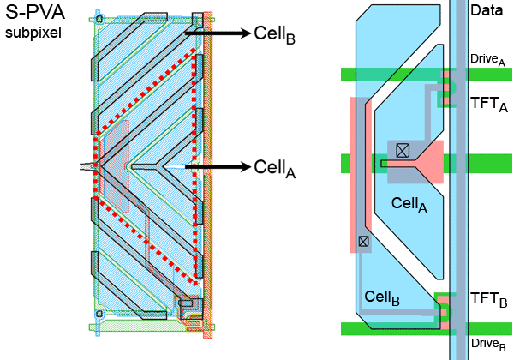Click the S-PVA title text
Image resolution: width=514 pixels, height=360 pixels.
click(x=35, y=15)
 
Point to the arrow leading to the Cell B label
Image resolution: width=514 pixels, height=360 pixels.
click(x=226, y=33)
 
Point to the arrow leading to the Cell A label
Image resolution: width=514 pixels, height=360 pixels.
click(x=226, y=165)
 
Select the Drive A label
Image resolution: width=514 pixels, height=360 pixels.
click(x=487, y=58)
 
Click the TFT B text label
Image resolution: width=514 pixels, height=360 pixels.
click(x=488, y=299)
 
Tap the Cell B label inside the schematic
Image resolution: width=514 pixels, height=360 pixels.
click(x=382, y=297)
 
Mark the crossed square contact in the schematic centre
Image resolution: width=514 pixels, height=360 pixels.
click(x=403, y=150)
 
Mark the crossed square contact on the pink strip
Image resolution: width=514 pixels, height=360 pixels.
click(x=363, y=242)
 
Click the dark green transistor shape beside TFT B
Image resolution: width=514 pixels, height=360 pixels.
click(x=443, y=309)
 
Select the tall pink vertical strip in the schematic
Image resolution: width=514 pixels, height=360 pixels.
click(x=357, y=171)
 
